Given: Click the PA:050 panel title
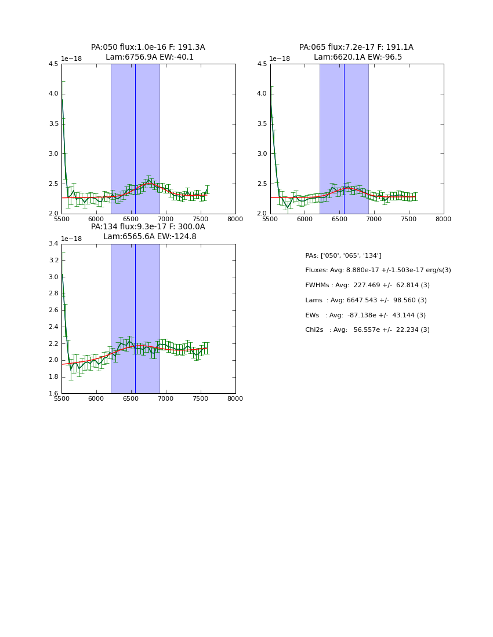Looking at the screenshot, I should coord(148,52).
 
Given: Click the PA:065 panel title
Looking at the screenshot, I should coord(356,52).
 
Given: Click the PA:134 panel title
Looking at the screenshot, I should coord(148,232).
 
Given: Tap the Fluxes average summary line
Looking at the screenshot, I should coord(378,270).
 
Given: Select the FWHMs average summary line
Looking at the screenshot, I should coord(367,285).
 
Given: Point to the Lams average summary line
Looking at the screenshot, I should coord(366,301).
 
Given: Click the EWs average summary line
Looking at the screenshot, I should coord(365,316).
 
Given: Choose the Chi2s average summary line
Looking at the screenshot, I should coord(367,330).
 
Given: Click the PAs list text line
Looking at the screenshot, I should coord(343,256).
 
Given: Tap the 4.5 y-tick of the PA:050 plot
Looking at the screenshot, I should coord(53,64).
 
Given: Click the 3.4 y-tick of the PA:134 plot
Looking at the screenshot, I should coord(53,244).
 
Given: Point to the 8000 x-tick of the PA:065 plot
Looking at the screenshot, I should coord(443,219).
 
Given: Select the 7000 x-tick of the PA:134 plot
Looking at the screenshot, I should coord(166,399).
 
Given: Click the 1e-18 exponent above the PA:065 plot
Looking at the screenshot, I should coord(280,59).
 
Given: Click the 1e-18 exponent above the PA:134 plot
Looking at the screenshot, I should coord(71,239).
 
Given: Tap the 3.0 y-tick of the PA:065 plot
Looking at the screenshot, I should coord(262,154).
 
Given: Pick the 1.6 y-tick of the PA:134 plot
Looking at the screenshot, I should coord(53,394).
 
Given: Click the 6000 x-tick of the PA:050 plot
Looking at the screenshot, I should coord(96,219).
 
